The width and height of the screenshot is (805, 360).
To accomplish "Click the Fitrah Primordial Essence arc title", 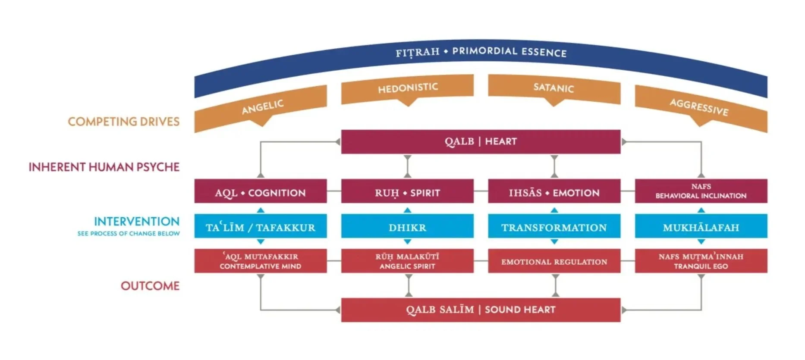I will [x=481, y=52].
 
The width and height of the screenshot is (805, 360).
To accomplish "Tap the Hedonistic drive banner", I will [x=407, y=88].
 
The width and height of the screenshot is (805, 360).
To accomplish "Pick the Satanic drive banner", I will [x=554, y=89].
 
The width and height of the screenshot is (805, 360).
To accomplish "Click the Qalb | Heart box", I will [x=481, y=141].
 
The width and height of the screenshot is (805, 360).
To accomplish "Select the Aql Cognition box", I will [x=260, y=193].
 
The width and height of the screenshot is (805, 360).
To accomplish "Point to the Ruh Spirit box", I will [x=407, y=193].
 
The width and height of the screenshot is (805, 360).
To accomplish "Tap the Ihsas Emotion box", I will [x=554, y=193].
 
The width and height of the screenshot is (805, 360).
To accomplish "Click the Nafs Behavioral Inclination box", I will [x=701, y=191].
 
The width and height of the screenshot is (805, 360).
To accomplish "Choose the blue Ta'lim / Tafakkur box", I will [x=260, y=227].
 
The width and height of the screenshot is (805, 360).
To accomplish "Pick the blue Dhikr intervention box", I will [x=407, y=227].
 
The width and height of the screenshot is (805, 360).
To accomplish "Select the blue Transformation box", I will [x=554, y=227].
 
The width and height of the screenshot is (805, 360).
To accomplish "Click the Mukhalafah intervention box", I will [x=701, y=227].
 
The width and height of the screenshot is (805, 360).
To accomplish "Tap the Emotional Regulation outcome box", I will [x=554, y=261].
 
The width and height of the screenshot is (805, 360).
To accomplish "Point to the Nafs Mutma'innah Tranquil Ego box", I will [x=701, y=261].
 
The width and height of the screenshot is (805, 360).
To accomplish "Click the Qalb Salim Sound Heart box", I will [x=481, y=310].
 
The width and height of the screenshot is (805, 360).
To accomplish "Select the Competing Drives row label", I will [x=123, y=122].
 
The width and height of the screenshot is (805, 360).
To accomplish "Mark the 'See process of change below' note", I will [x=129, y=234].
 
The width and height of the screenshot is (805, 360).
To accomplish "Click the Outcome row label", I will [x=150, y=286].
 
